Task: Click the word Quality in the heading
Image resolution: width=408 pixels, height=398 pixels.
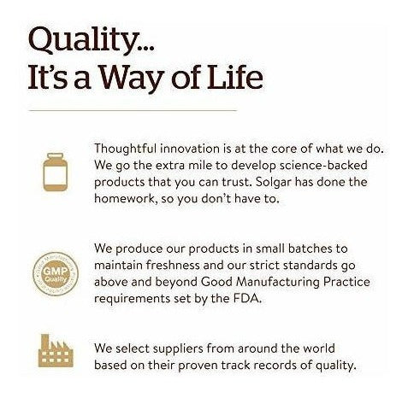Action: pos(82,40)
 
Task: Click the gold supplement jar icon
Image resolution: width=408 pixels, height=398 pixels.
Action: pos(56,172)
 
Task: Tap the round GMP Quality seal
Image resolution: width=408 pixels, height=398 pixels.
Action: pos(56,274)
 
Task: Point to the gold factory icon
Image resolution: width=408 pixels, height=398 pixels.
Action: pos(56,350)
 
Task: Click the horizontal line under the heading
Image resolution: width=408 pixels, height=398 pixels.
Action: pos(133,110)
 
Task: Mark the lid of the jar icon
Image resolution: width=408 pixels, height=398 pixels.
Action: pos(56,155)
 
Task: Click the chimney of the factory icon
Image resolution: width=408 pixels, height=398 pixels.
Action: pos(44,340)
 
